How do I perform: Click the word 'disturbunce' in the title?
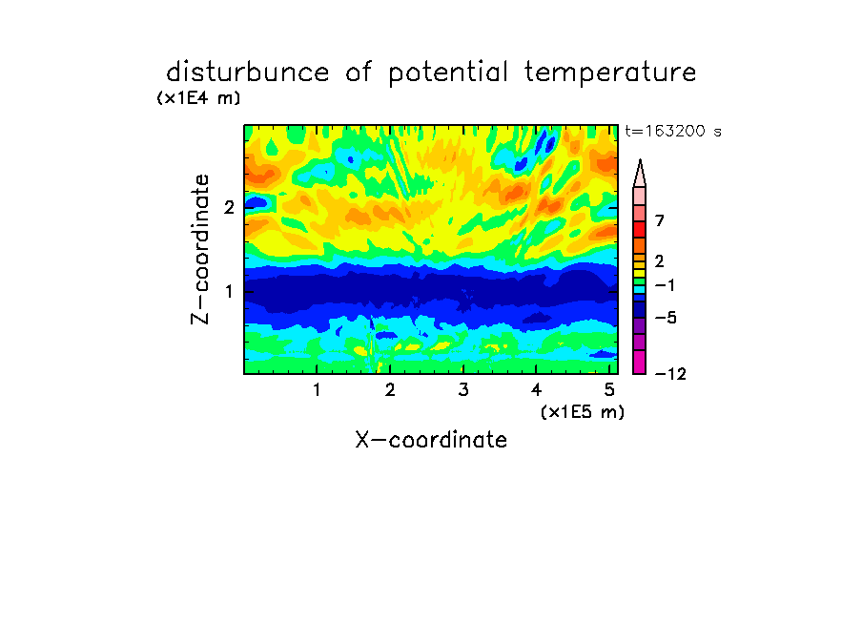point(248,73)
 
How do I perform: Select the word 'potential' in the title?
point(448,73)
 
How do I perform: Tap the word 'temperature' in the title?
point(610,73)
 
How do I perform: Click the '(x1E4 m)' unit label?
point(198,98)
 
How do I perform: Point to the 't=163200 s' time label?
point(673,131)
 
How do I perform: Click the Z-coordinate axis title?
point(200,249)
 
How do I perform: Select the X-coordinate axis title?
point(431,440)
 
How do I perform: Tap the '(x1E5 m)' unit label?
point(583,412)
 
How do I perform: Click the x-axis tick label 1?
point(317,390)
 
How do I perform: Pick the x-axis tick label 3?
point(463,390)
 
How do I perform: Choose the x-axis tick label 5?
point(609,390)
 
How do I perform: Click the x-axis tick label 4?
point(536,390)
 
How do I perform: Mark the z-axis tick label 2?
point(229,207)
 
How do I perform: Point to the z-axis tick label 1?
point(229,291)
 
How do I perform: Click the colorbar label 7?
point(660,221)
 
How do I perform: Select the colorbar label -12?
point(670,374)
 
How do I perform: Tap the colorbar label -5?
point(666,318)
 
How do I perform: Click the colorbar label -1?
point(665,285)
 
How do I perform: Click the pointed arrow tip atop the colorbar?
point(640,160)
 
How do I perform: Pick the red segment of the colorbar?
point(640,229)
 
